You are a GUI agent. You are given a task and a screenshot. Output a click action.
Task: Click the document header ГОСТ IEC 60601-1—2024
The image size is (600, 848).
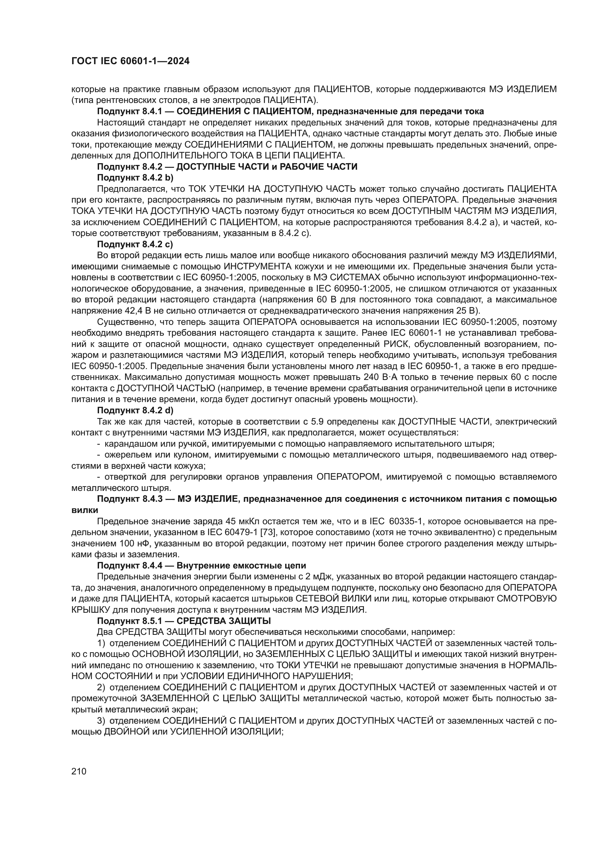click(130, 61)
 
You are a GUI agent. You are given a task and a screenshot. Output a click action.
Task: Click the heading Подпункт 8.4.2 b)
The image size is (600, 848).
click(135, 178)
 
